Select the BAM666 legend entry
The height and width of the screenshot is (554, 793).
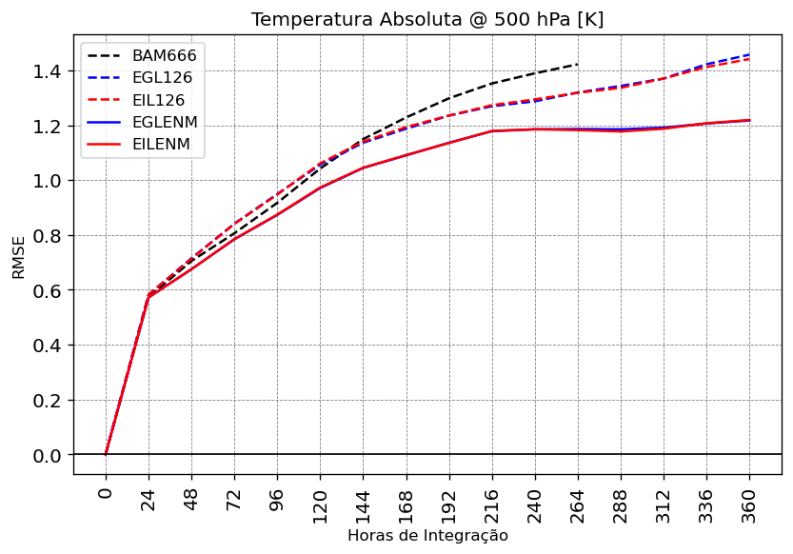(x=165, y=56)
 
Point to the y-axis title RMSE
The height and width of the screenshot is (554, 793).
(x=19, y=257)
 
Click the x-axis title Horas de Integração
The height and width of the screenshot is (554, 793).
(x=427, y=536)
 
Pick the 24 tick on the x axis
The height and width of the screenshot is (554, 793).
(x=149, y=498)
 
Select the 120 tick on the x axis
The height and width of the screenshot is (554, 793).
(x=320, y=502)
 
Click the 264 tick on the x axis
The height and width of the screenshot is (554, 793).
(x=578, y=502)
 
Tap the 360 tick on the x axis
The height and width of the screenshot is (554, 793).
(x=749, y=502)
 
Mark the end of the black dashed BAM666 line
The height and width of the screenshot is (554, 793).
(x=578, y=65)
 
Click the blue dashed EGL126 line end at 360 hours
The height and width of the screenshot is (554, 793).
(x=749, y=54)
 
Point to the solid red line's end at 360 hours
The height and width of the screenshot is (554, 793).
(x=749, y=120)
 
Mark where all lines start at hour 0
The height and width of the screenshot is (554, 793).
(x=106, y=455)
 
